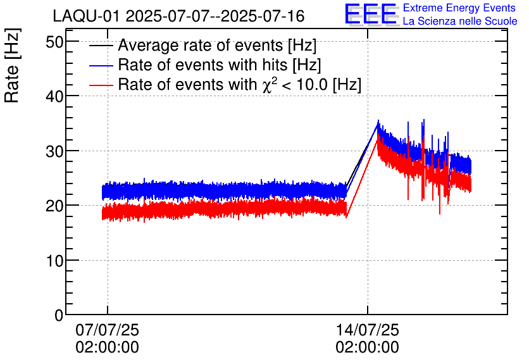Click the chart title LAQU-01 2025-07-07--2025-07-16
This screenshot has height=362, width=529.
(x=178, y=16)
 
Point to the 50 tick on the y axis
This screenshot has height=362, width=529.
(x=55, y=42)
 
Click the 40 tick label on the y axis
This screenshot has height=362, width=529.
(x=55, y=96)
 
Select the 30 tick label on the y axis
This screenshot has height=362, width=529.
(x=55, y=151)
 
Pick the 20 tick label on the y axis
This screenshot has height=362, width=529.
(x=55, y=206)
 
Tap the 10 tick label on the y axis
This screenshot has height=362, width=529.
(x=55, y=261)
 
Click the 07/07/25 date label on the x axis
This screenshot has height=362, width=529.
(x=107, y=330)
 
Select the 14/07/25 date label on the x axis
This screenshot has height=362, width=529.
(x=367, y=330)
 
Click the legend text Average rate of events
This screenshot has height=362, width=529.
(x=217, y=46)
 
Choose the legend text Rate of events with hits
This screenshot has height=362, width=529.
(x=220, y=65)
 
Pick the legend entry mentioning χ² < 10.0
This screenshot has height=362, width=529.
(x=240, y=85)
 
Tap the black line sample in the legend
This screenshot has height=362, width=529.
(x=101, y=46)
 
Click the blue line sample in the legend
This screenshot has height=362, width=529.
(x=101, y=65)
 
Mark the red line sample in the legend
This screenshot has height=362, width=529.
(x=101, y=85)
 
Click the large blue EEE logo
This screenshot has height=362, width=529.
(x=371, y=14)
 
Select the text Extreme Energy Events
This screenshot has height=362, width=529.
(x=459, y=8)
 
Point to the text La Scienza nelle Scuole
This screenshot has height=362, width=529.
(x=459, y=21)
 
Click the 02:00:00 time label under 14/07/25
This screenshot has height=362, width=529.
(x=367, y=347)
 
